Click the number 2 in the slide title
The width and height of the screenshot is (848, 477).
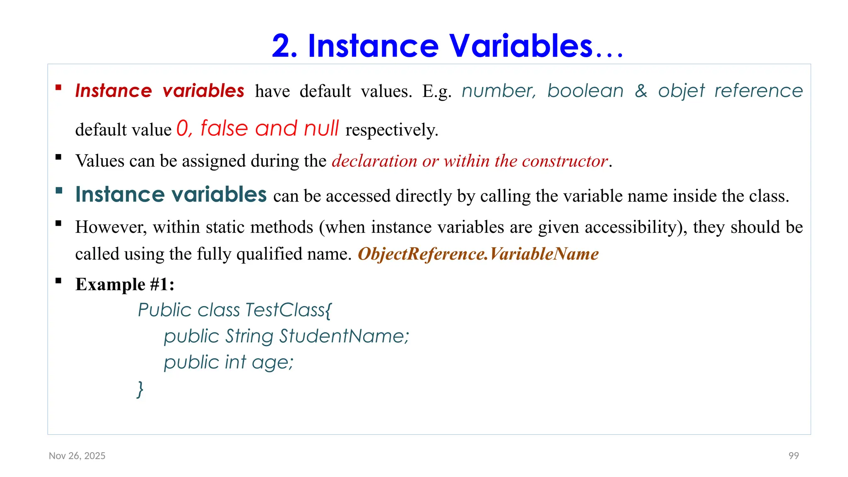(x=284, y=46)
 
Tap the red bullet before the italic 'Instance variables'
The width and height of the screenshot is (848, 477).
(x=58, y=87)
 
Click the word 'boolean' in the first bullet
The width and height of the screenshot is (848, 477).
(x=585, y=91)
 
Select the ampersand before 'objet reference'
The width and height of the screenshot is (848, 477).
(x=641, y=91)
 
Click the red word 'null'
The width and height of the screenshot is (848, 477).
(x=321, y=128)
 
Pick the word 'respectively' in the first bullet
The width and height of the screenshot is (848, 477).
(x=391, y=130)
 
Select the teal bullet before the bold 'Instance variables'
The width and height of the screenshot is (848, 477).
(x=59, y=190)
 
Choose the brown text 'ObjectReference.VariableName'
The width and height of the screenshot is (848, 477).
(x=478, y=254)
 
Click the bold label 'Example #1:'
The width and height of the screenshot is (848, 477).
(x=125, y=284)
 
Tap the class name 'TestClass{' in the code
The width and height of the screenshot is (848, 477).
(x=288, y=310)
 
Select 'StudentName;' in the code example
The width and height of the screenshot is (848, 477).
(x=344, y=336)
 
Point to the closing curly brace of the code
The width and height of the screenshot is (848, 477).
(x=140, y=389)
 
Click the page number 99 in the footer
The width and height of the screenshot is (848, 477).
(x=793, y=456)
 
